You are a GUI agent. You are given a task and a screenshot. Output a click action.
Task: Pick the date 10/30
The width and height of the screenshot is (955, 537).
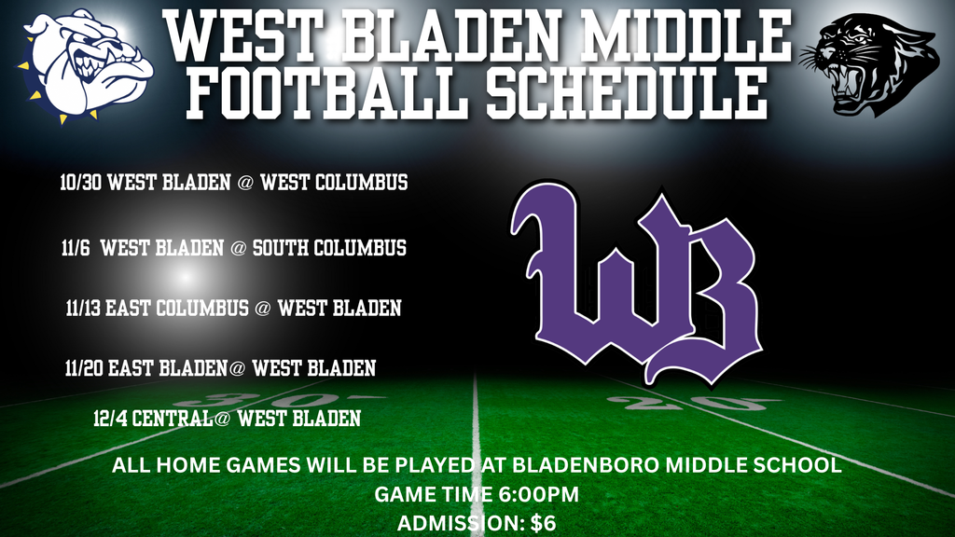pos(81,183)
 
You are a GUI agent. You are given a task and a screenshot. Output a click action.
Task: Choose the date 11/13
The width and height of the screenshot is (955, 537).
pos(84,308)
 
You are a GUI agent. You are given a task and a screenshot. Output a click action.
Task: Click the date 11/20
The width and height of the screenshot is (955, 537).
pos(85,369)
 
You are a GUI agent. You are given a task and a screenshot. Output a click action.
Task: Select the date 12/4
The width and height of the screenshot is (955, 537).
pos(111,419)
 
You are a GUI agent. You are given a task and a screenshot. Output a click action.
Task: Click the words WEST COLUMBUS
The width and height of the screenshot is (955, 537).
pos(334,183)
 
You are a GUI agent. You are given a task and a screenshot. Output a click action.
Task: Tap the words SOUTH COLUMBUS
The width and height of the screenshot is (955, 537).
pos(329,249)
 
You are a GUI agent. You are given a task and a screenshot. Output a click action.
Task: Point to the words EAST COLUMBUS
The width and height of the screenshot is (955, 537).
pos(177,308)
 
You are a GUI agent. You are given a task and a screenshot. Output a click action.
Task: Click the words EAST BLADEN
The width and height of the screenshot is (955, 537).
pos(168,369)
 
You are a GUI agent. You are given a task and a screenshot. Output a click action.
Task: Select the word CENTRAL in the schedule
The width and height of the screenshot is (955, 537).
pos(173,419)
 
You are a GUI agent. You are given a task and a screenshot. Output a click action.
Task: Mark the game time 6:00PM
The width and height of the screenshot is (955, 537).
pos(542,494)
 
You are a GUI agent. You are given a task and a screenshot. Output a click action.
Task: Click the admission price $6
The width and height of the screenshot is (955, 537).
pos(544,523)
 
